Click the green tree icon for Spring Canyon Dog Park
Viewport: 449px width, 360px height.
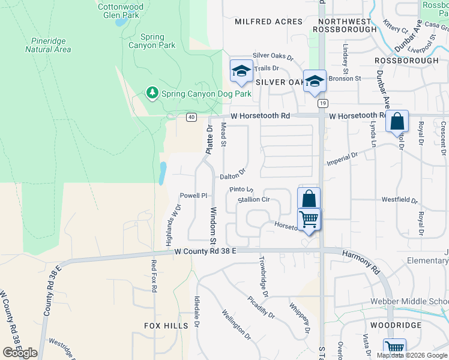click(x=152, y=92)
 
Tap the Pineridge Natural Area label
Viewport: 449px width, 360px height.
click(x=48, y=45)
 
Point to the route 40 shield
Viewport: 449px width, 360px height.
click(x=191, y=116)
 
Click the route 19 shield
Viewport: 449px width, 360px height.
click(x=323, y=103)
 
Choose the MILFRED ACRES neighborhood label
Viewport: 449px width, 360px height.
click(x=268, y=22)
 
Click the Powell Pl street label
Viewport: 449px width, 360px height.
click(x=193, y=196)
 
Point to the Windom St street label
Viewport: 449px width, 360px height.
click(x=213, y=226)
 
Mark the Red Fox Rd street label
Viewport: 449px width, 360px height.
click(x=154, y=276)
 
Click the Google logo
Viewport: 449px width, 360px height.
click(x=20, y=353)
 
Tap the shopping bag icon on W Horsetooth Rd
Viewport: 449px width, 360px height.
click(x=397, y=122)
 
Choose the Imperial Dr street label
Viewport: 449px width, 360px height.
click(x=342, y=159)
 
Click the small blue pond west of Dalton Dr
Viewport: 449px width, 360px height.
click(x=163, y=173)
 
